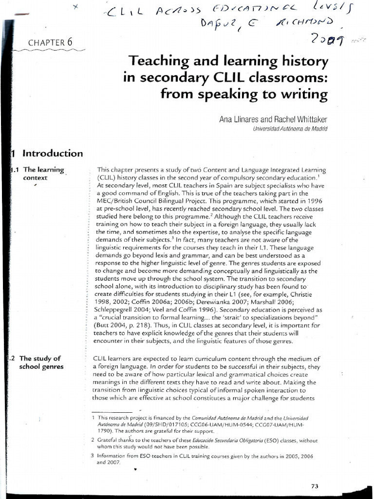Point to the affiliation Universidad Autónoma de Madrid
point(291,129)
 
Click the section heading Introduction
point(53,154)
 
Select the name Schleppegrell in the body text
point(117,309)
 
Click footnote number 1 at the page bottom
point(93,418)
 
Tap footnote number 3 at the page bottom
point(93,456)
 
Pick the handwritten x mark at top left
point(75,7)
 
